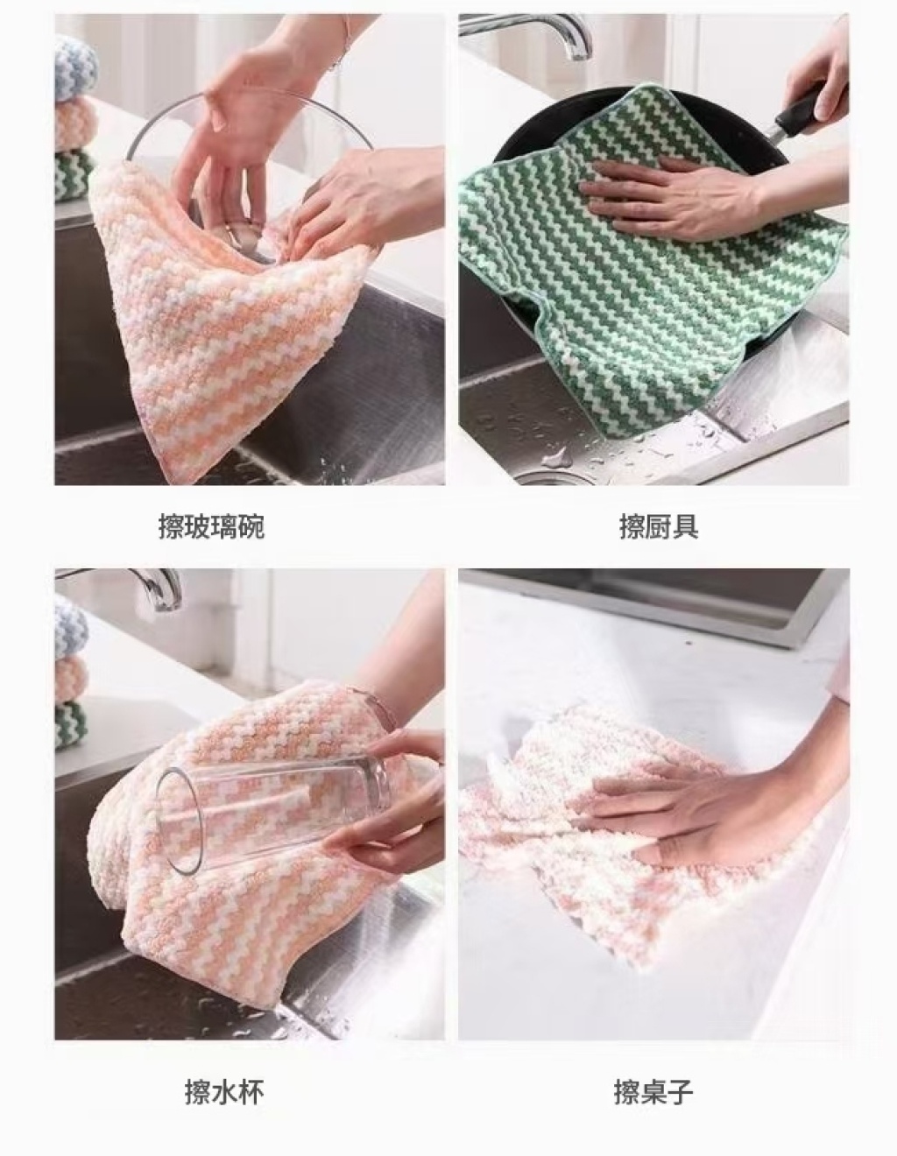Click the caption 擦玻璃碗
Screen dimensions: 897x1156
pos(211,526)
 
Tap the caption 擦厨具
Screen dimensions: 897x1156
pos(659,526)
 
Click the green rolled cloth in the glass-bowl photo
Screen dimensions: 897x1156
pos(74,174)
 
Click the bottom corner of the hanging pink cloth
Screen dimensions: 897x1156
pos(175,483)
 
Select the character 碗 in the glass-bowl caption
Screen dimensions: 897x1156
pos(251,526)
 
